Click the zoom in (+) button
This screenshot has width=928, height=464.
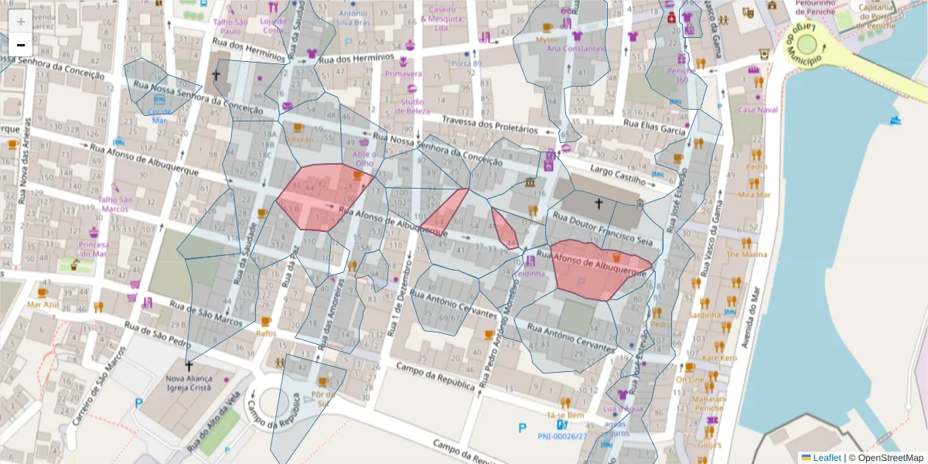pyautogui.click(x=21, y=21)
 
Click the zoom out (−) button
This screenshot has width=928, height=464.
pyautogui.click(x=21, y=45)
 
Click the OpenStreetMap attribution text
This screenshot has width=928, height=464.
pyautogui.click(x=885, y=458)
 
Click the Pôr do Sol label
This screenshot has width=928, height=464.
pyautogui.click(x=321, y=398)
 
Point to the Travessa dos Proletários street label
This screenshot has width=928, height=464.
pyautogui.click(x=490, y=125)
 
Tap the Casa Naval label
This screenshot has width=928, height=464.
pyautogui.click(x=757, y=109)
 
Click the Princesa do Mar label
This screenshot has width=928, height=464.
pyautogui.click(x=93, y=249)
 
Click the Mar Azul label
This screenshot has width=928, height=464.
pyautogui.click(x=43, y=304)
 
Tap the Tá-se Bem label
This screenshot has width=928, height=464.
pyautogui.click(x=565, y=415)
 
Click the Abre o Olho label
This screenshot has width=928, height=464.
pyautogui.click(x=363, y=158)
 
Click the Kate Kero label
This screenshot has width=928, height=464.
pyautogui.click(x=719, y=358)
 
